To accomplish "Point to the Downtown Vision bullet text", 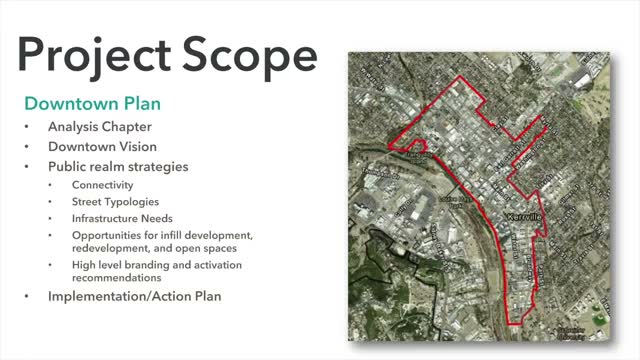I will (102, 146).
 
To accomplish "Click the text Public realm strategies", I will (118, 165).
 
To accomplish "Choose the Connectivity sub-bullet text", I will (102, 185).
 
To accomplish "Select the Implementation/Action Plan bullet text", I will (134, 297).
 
